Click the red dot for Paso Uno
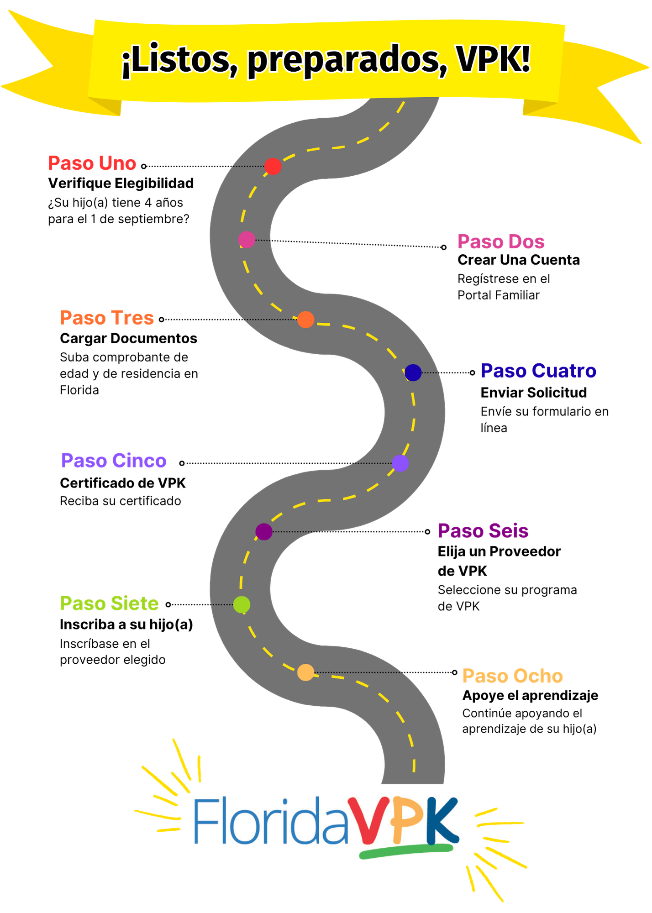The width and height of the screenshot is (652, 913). point(273,167)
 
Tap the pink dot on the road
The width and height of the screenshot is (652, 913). point(247,240)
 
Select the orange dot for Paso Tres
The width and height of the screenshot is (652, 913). point(305,320)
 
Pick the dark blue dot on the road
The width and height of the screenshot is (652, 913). point(413,373)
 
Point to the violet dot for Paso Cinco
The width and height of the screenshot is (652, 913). point(400,463)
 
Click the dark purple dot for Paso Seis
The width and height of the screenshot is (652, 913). point(264,532)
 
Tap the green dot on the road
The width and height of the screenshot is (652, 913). point(242,604)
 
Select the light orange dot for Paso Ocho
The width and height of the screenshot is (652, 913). point(305,672)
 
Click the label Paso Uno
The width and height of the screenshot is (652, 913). point(92,163)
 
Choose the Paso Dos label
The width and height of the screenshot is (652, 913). point(501,242)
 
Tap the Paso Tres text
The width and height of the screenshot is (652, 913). point(107,318)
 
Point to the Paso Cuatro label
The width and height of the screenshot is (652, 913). point(539,371)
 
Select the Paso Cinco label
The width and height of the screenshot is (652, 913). point(114,461)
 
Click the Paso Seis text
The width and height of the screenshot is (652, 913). point(483,531)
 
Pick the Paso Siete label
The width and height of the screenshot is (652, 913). point(110,604)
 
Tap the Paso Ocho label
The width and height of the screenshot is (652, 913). point(512,676)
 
